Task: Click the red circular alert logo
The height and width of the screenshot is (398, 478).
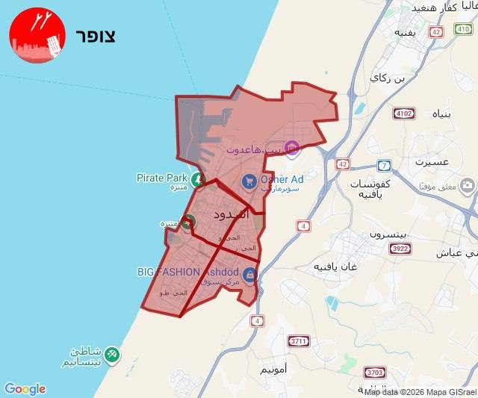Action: pos(37,35)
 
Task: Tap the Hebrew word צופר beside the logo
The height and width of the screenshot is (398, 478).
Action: pos(95,36)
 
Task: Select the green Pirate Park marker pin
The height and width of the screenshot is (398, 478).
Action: pos(197,179)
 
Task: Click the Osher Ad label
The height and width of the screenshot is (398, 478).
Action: pos(282,179)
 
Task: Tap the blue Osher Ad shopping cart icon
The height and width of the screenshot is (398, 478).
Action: pos(249,181)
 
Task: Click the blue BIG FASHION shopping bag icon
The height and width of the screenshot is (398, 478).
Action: pos(249,274)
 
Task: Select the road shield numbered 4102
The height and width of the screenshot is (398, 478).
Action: pos(404,114)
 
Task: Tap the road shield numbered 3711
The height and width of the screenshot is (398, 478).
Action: pos(299,341)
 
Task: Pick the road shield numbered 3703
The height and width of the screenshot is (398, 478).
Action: pos(375,372)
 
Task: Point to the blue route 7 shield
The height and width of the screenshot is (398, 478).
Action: pos(384,165)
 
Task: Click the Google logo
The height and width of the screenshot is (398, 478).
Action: pos(25,389)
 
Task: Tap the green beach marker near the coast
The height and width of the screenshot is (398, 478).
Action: pos(111,352)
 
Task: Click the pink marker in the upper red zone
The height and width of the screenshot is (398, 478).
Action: pos(291,149)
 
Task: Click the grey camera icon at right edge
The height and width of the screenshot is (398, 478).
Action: pos(468,185)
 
